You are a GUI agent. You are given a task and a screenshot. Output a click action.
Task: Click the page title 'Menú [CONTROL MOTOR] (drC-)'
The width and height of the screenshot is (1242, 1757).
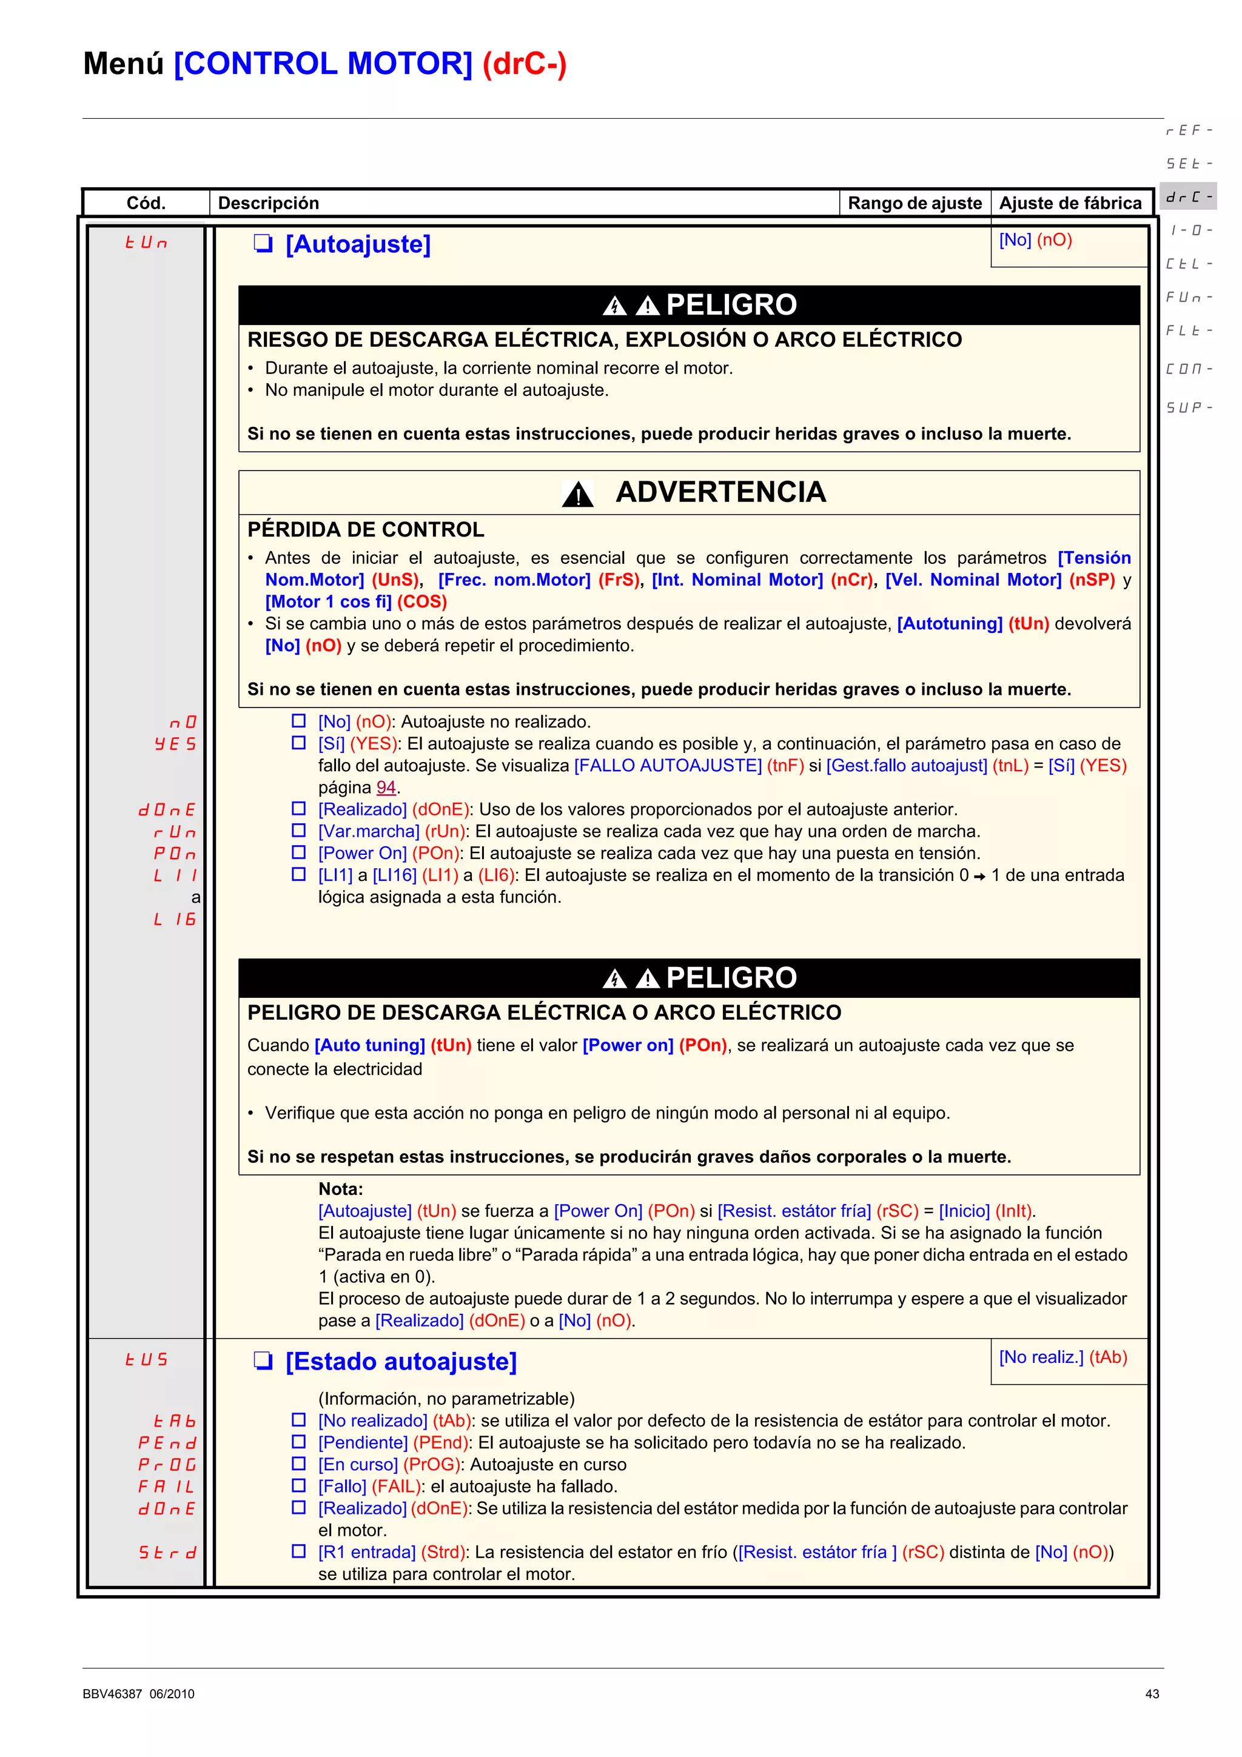click(x=324, y=64)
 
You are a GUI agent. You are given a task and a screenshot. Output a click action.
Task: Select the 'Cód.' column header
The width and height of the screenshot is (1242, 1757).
click(x=146, y=202)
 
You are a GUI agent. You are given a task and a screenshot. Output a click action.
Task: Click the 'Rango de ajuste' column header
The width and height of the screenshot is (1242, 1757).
click(x=914, y=202)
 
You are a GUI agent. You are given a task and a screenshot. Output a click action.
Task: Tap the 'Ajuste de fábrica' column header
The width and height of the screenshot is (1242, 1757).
click(x=1070, y=202)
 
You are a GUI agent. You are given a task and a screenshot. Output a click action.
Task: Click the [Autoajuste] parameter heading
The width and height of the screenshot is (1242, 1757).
click(x=357, y=244)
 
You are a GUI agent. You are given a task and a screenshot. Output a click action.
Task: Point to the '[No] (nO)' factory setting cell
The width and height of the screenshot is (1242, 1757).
click(x=1035, y=240)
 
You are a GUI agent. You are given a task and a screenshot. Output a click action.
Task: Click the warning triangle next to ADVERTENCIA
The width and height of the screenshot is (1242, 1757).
click(x=578, y=494)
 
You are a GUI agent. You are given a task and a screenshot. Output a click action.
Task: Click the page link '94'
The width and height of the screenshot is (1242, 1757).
click(x=386, y=788)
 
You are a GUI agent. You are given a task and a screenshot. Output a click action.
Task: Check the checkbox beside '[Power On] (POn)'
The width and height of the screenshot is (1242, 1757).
click(x=298, y=852)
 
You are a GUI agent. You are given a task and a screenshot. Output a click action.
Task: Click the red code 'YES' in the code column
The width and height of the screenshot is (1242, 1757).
click(x=175, y=744)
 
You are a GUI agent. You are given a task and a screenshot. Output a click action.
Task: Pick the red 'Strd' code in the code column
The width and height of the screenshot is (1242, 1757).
click(x=167, y=1553)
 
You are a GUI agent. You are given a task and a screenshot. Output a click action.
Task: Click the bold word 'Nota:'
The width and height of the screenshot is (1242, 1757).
click(x=341, y=1189)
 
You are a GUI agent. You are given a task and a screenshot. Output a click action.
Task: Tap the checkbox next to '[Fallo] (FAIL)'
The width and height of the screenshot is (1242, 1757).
click(x=298, y=1485)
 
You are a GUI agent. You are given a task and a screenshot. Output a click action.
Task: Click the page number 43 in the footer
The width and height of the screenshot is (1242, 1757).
click(x=1152, y=1694)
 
